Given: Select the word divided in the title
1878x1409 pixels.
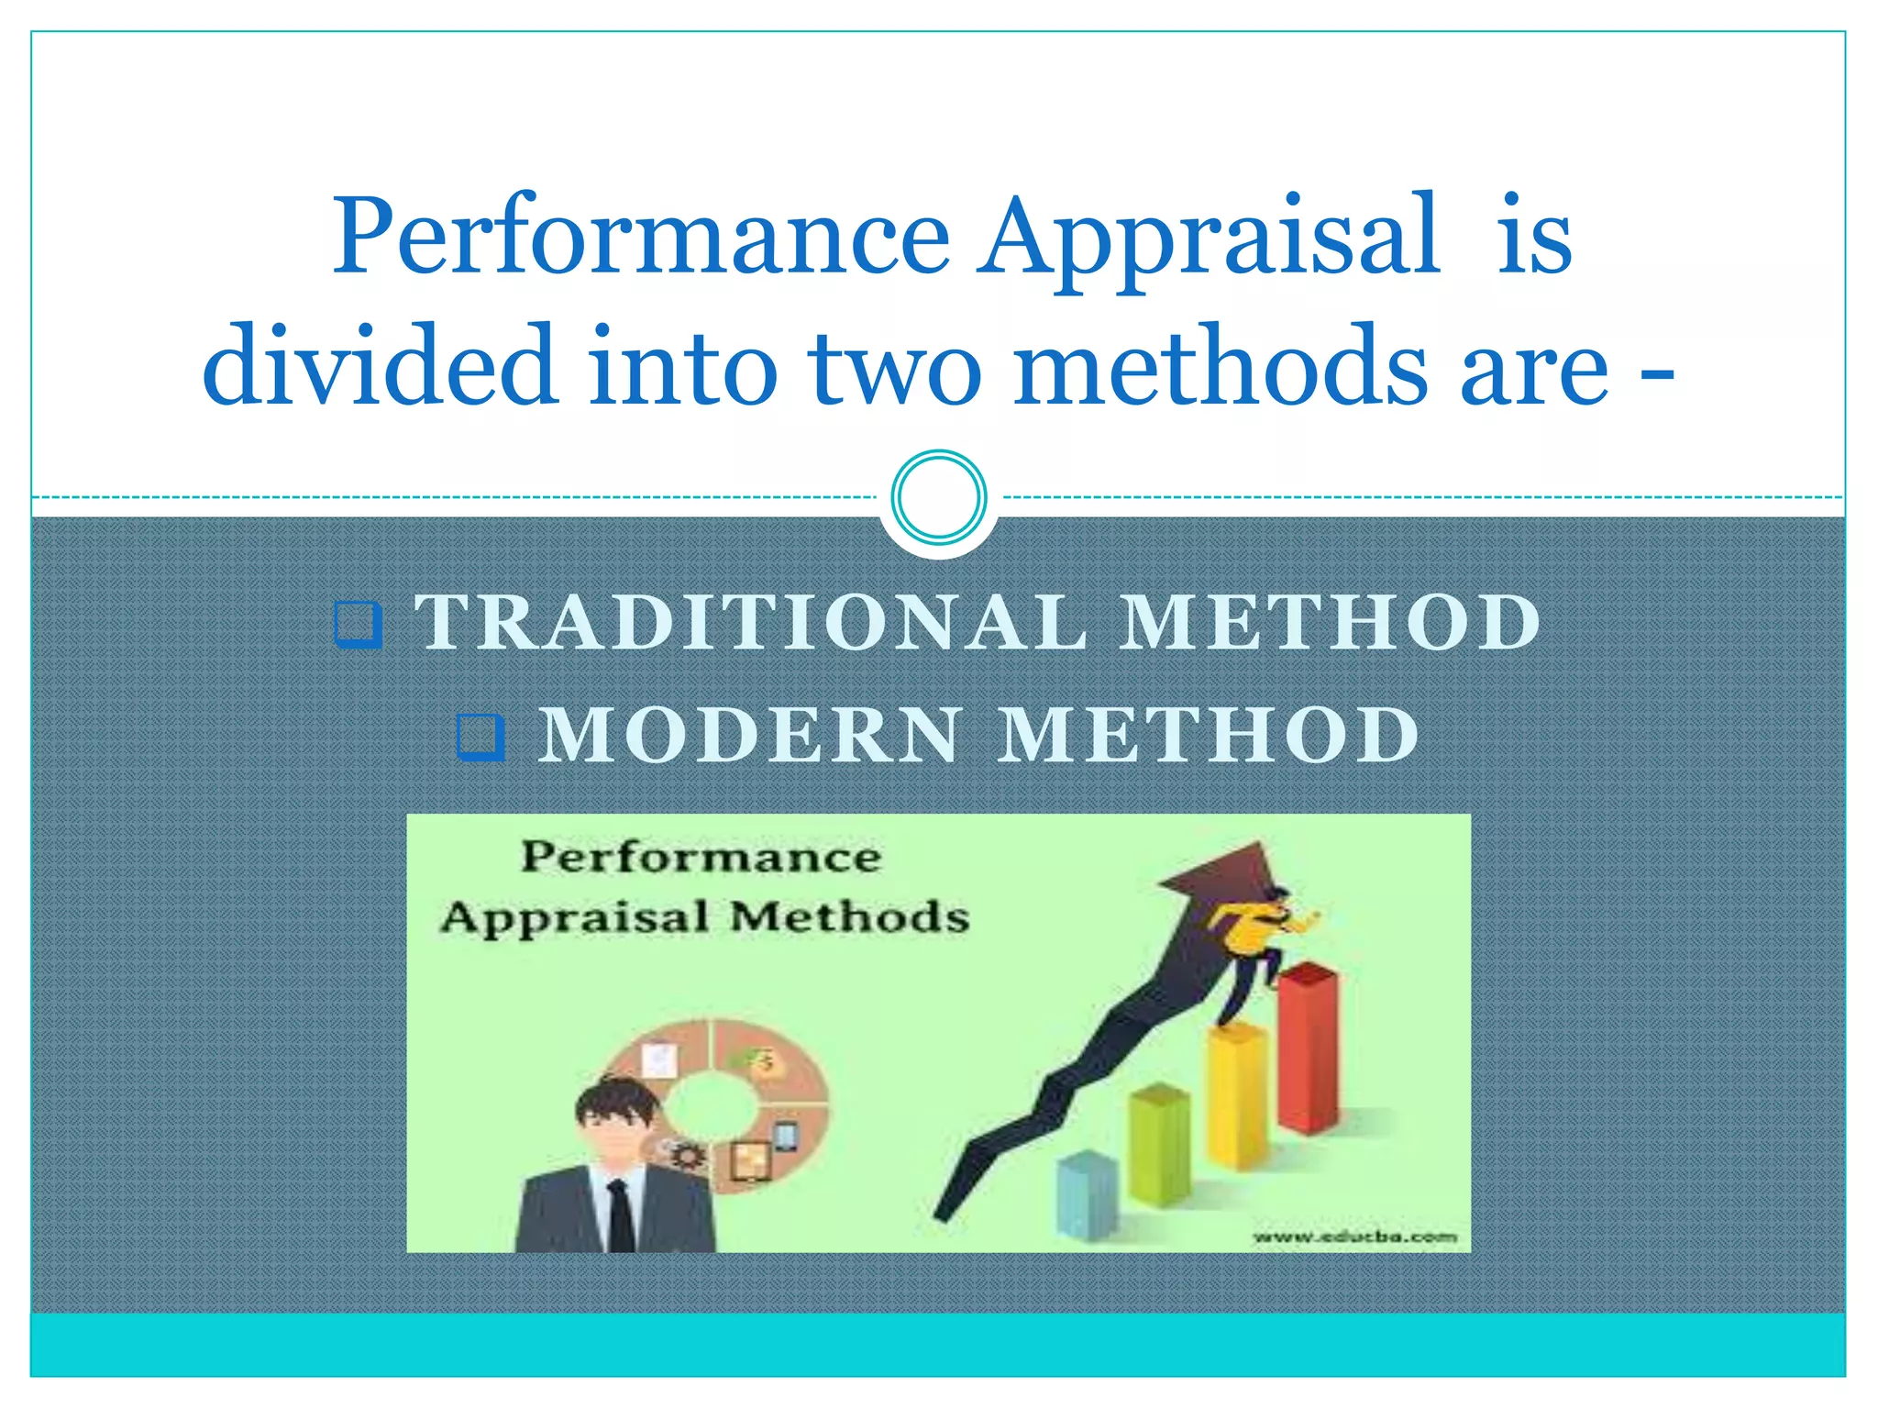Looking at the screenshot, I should click(379, 367).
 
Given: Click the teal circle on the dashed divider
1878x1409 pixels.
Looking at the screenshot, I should click(938, 497).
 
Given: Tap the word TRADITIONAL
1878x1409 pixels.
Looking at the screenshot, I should click(751, 623).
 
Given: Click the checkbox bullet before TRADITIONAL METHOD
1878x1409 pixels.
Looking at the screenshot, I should click(358, 625).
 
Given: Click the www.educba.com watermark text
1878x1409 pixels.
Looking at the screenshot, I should click(1354, 1237).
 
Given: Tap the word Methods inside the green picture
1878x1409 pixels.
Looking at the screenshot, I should click(849, 917).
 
